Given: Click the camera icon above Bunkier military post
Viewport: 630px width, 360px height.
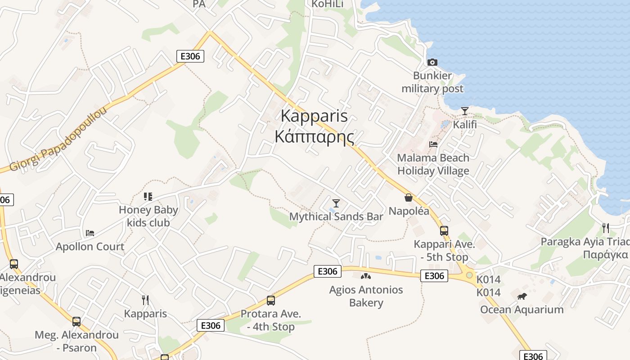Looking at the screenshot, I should (x=432, y=62).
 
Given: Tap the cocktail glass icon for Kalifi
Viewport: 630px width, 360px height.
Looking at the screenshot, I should (x=465, y=111).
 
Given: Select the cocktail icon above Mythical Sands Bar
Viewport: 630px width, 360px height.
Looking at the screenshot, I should (x=336, y=203).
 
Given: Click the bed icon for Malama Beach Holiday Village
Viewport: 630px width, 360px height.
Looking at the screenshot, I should (x=433, y=144).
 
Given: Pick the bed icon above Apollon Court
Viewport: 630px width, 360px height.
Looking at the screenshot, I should (x=90, y=233).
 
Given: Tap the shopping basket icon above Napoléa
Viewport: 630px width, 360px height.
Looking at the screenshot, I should (x=409, y=198).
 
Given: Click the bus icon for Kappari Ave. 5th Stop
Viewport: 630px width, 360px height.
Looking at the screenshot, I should (x=444, y=231).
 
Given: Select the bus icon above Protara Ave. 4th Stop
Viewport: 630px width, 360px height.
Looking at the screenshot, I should (x=270, y=300).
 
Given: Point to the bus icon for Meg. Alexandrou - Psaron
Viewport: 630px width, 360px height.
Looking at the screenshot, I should (x=76, y=322).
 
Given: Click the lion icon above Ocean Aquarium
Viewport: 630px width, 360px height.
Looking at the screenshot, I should (x=522, y=296).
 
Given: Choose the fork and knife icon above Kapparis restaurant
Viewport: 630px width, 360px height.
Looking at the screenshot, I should (x=145, y=300).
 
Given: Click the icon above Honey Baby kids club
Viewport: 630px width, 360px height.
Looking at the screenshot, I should (x=148, y=196).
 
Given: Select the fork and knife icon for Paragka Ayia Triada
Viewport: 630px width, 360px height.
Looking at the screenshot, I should (x=606, y=228).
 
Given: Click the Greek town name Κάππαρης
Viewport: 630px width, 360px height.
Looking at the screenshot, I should (x=315, y=136).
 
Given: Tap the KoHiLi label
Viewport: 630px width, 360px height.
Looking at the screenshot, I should (x=328, y=4).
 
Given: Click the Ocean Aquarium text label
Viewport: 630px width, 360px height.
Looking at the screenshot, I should (x=522, y=310).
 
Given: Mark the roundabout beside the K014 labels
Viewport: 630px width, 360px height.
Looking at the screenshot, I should (x=469, y=275).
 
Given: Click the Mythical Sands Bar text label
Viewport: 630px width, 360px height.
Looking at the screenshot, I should (x=336, y=217).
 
